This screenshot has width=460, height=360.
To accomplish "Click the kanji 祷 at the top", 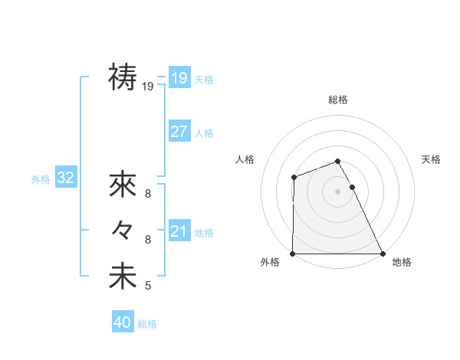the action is [x=123, y=77].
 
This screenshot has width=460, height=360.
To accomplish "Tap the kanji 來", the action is [x=123, y=185].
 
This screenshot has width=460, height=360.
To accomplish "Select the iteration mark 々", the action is [x=123, y=230].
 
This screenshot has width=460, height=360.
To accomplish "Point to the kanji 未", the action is [x=123, y=277].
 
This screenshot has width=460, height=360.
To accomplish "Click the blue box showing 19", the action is [x=179, y=77].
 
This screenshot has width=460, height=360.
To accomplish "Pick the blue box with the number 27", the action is [x=179, y=132].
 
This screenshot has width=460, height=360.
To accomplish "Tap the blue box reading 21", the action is [x=179, y=231].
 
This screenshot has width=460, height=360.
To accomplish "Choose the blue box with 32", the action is [x=66, y=178].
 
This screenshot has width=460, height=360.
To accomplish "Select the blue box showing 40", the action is [x=123, y=322].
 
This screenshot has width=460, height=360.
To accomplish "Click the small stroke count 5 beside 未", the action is [x=148, y=286].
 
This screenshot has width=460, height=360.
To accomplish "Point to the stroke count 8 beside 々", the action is [x=148, y=240].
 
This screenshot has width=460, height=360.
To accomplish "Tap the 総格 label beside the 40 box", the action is [x=148, y=324].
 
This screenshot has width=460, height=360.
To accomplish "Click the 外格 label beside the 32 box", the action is [x=41, y=179].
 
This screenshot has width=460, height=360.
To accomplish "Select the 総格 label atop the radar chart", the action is [x=338, y=100].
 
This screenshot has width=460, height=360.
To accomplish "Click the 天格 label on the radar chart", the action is [x=432, y=159].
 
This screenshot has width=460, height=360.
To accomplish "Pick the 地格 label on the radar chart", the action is [x=402, y=262].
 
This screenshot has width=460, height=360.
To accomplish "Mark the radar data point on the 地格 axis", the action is [x=383, y=254].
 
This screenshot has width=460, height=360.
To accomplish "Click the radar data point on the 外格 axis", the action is [x=293, y=254].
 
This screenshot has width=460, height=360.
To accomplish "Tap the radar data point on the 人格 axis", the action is [x=294, y=178].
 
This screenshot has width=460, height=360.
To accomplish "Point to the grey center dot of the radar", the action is [x=338, y=191].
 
